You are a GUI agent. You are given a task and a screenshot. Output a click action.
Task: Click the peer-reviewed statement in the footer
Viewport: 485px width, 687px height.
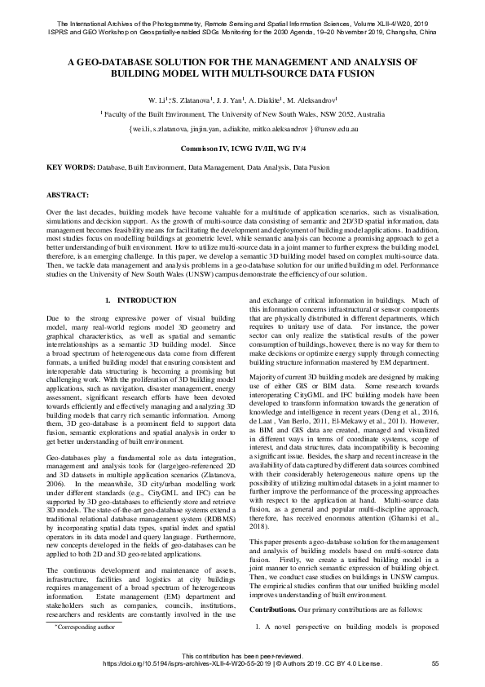241,656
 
